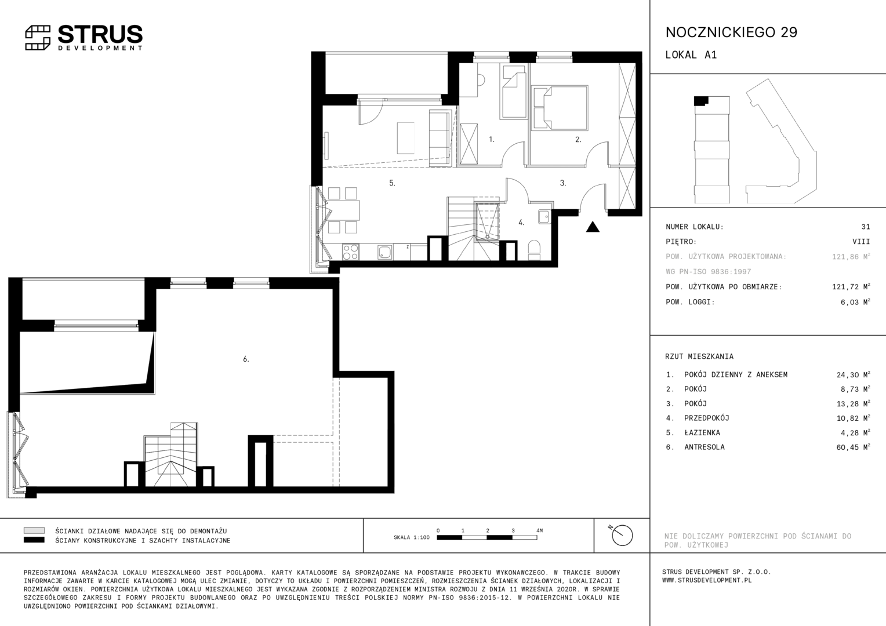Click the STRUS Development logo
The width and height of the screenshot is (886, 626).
pos(84,38)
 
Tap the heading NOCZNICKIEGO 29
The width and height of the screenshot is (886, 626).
pos(731,32)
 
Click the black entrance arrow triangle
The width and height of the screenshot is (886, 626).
pos(593,227)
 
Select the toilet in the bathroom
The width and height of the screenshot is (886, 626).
pos(535,250)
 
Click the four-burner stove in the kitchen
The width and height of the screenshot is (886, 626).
pos(350,252)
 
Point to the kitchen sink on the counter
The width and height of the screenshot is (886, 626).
pos(384,252)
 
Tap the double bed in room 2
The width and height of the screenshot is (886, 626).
pos(560,108)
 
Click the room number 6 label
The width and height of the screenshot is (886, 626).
pos(246,359)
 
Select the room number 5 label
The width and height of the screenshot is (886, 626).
pos(392,183)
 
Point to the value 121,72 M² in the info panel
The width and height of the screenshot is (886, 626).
pos(851,287)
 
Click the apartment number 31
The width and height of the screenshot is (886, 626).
pos(866,227)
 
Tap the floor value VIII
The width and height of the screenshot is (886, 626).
pos(861,242)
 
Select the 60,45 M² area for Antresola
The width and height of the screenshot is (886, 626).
pos(853,447)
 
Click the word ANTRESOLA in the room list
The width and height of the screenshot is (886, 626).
pos(705,447)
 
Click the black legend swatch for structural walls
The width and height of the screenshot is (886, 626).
pos(34,540)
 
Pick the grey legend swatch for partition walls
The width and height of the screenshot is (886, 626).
pos(34,530)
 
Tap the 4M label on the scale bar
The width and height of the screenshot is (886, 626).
pos(539,530)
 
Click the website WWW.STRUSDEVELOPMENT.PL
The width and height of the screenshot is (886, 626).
pos(707,580)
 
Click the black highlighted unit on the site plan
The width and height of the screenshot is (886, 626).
pos(700,100)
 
